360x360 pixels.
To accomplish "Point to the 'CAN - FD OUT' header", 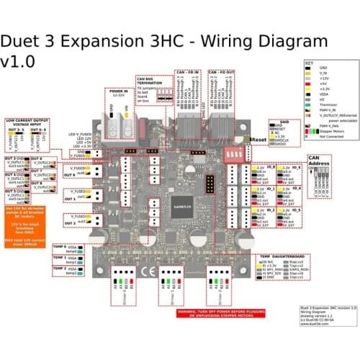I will point(222,73).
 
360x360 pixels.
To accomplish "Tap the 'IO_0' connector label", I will point(271,166).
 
